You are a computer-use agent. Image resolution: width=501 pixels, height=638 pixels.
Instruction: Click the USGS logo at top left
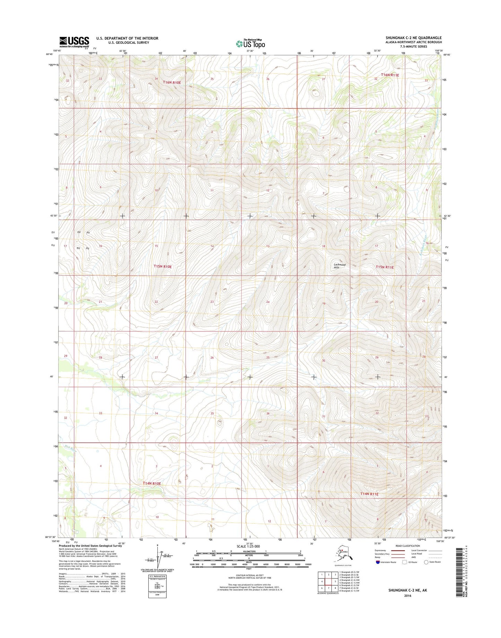74,42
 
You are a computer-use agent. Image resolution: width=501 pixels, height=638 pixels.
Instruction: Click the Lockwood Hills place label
339,266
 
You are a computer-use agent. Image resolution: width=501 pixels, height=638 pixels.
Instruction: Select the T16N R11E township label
390,75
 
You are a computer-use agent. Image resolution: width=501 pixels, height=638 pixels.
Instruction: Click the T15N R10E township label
163,267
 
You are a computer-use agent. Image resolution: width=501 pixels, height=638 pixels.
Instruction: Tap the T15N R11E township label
385,267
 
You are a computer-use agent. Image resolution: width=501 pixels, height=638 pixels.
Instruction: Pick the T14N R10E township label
152,483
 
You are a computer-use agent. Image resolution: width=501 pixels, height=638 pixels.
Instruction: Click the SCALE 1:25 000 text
248,546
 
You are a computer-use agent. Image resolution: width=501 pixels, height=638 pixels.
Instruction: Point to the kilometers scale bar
249,551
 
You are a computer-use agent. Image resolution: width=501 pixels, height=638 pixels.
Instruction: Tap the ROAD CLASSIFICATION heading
407,546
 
